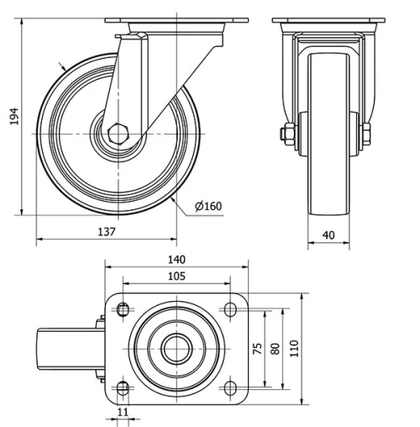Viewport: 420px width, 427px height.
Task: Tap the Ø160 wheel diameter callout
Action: point(207,205)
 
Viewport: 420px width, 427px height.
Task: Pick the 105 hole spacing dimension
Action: point(176,277)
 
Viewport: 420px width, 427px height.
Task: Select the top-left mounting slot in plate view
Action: point(123,309)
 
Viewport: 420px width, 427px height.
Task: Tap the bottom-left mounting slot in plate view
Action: point(123,387)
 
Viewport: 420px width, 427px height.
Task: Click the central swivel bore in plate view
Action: point(176,348)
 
